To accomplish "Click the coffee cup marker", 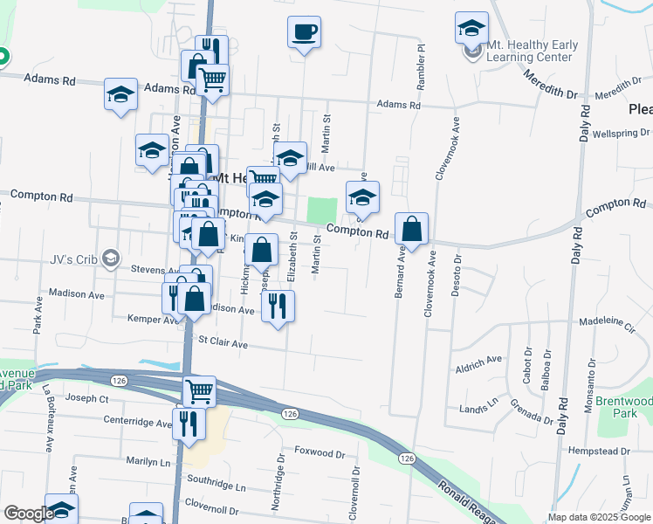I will pos(304,33).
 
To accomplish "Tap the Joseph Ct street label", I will pos(86,398).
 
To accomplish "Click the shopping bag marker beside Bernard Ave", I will pos(411,230).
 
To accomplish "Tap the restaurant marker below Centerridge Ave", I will pos(187,424).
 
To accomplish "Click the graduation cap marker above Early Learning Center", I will pos(471,28).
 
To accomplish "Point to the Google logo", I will pos(29,514).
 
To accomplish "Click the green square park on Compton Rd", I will pos(322,210).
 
